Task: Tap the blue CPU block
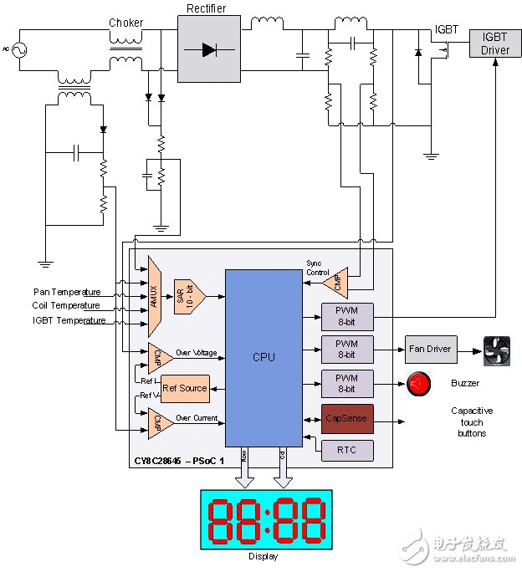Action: click(x=264, y=357)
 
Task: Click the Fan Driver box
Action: click(x=431, y=348)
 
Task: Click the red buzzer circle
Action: click(x=418, y=384)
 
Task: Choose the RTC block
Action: click(x=345, y=449)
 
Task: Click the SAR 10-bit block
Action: click(x=189, y=296)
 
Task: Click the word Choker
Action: click(x=126, y=23)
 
